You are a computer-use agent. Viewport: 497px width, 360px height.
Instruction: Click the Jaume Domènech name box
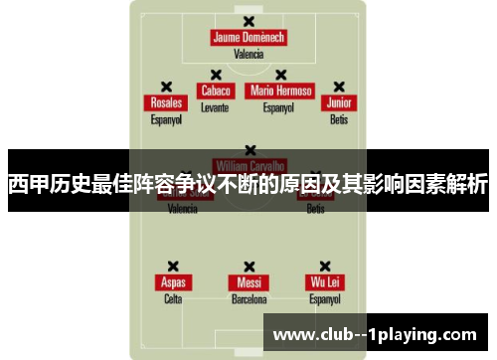[x=248, y=38]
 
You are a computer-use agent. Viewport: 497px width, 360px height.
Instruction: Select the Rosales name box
[x=166, y=103]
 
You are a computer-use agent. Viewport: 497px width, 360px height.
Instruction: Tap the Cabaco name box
[x=215, y=90]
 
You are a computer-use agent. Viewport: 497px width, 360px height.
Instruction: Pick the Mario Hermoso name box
[x=280, y=90]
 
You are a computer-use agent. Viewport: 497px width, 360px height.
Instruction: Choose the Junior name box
[x=339, y=103]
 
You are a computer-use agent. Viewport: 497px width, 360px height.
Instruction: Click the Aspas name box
[x=173, y=282]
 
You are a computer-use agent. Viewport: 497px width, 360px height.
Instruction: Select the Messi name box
[x=248, y=282]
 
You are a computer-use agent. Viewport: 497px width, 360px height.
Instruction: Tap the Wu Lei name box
[x=324, y=282]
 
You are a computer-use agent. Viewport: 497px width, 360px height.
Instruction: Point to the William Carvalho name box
[x=248, y=164]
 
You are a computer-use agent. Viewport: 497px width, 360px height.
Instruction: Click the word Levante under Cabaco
[x=215, y=106]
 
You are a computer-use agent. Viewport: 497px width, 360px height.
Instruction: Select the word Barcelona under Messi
[x=248, y=298]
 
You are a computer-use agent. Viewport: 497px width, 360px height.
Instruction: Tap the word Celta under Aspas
[x=173, y=298]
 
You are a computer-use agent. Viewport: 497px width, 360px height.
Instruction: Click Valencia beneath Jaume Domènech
[x=248, y=55]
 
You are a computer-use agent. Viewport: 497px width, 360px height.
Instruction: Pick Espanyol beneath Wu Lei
[x=324, y=298]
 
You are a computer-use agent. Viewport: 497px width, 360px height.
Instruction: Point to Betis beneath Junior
[x=339, y=119]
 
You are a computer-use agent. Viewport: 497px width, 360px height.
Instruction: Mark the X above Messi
[x=248, y=266]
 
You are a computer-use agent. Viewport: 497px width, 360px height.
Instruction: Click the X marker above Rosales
[x=166, y=87]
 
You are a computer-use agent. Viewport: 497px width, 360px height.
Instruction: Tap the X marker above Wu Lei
[x=324, y=266]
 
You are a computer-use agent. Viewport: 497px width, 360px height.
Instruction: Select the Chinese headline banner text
[x=248, y=185]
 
